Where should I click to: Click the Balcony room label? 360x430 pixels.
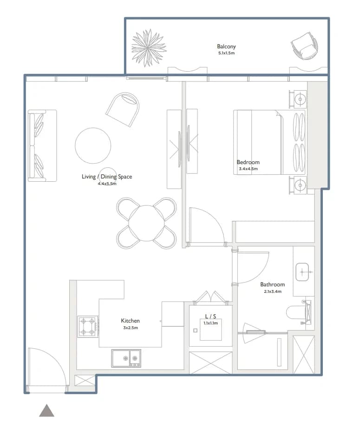pyautogui.click(x=226, y=46)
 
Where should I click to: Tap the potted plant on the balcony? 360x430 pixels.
pyautogui.click(x=149, y=48)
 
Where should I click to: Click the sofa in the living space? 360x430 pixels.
pyautogui.click(x=42, y=146)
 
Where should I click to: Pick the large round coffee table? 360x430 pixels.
pyautogui.click(x=93, y=146)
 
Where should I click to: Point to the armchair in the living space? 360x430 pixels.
pyautogui.click(x=123, y=109)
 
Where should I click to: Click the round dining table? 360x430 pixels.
pyautogui.click(x=147, y=223)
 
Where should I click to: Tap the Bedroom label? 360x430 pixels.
pyautogui.click(x=248, y=162)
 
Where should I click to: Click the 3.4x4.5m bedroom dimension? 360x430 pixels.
pyautogui.click(x=248, y=169)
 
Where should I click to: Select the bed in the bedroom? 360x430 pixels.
pyautogui.click(x=269, y=142)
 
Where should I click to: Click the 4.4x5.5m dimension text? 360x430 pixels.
pyautogui.click(x=107, y=184)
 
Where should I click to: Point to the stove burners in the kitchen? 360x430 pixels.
pyautogui.click(x=88, y=326)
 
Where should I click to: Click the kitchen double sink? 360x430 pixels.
pyautogui.click(x=126, y=358)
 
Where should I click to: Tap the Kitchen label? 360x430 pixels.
pyautogui.click(x=131, y=321)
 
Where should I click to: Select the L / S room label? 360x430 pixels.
pyautogui.click(x=211, y=316)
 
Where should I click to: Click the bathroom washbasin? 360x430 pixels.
pyautogui.click(x=302, y=272)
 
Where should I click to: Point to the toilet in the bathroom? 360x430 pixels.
pyautogui.click(x=299, y=312)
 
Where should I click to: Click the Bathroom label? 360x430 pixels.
pyautogui.click(x=273, y=284)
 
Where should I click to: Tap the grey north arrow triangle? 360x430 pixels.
pyautogui.click(x=47, y=410)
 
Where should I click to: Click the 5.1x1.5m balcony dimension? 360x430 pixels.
pyautogui.click(x=227, y=53)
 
